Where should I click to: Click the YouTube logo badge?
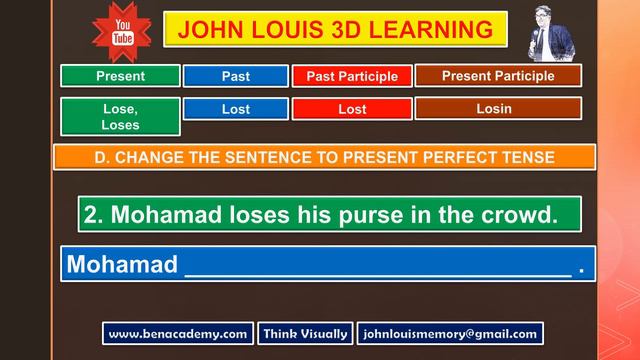(x=122, y=31)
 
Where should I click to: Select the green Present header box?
(x=120, y=76)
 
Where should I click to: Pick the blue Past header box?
(x=236, y=76)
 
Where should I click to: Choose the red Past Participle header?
(x=352, y=76)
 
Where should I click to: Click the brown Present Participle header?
(x=497, y=75)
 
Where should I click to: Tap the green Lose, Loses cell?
(x=120, y=116)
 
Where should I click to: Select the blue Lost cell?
(x=236, y=109)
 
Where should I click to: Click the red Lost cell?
(x=352, y=109)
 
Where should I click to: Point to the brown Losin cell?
(x=497, y=108)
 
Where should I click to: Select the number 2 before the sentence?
(x=93, y=214)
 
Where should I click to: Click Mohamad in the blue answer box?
(x=122, y=264)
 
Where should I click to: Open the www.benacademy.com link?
(x=178, y=334)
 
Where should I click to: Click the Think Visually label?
(x=305, y=334)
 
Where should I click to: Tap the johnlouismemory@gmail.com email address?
(x=450, y=334)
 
